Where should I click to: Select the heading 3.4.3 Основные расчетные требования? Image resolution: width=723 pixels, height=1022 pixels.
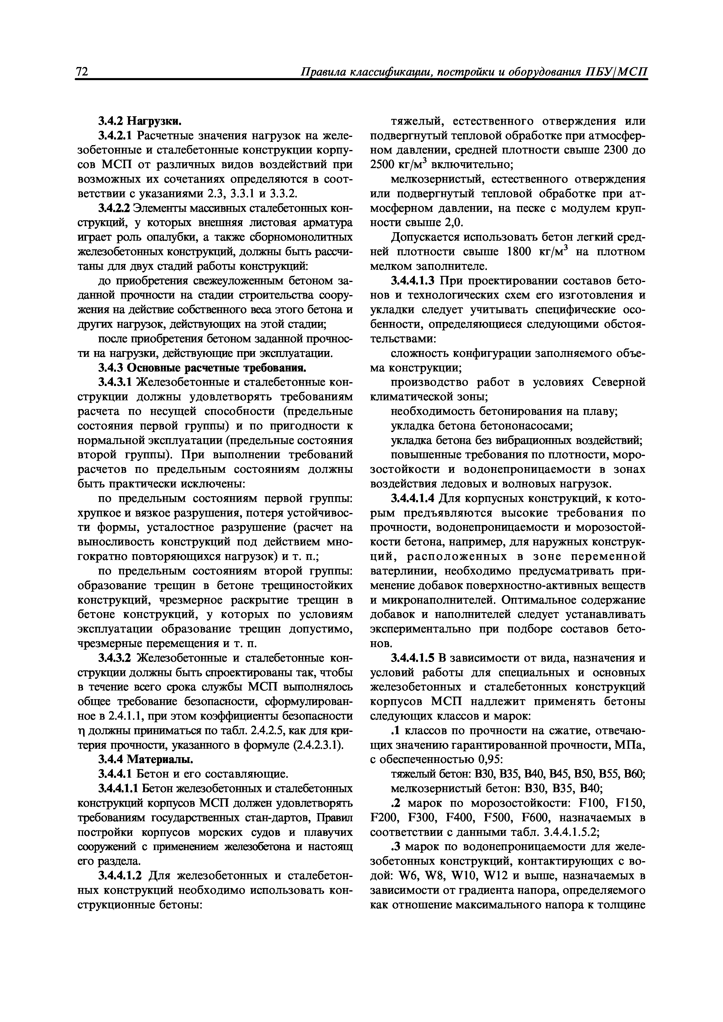pos(202,368)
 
